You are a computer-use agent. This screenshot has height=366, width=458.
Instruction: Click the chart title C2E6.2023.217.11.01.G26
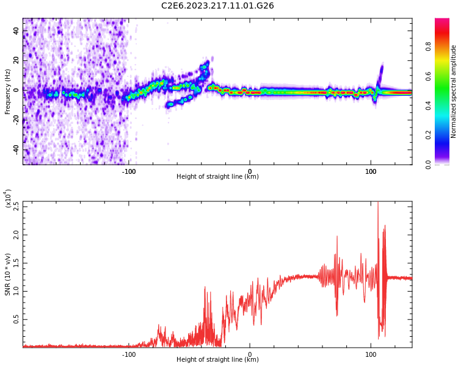pyautogui.click(x=217, y=5)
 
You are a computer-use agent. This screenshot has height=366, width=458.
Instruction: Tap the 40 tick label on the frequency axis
pyautogui.click(x=16, y=30)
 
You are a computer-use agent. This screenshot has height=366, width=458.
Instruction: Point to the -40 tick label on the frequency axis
pyautogui.click(x=16, y=149)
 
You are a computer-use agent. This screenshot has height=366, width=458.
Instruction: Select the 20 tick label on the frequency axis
pyautogui.click(x=16, y=60)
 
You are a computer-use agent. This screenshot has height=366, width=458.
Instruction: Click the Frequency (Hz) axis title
pyautogui.click(x=7, y=91)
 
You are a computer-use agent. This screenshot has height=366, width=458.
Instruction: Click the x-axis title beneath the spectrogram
pyautogui.click(x=217, y=177)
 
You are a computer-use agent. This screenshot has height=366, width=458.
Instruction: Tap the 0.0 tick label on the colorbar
pyautogui.click(x=445, y=163)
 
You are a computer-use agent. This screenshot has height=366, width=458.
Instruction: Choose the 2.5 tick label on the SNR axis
pyautogui.click(x=16, y=206)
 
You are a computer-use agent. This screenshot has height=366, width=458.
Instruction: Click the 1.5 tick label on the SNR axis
pyautogui.click(x=16, y=263)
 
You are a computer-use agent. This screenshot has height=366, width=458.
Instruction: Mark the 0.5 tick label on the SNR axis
pyautogui.click(x=16, y=319)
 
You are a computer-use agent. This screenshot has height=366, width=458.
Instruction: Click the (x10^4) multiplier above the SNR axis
pyautogui.click(x=8, y=199)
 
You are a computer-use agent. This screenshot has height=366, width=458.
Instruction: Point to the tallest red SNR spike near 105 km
pyautogui.click(x=377, y=204)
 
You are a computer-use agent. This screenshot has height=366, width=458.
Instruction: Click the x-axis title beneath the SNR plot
pyautogui.click(x=217, y=360)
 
